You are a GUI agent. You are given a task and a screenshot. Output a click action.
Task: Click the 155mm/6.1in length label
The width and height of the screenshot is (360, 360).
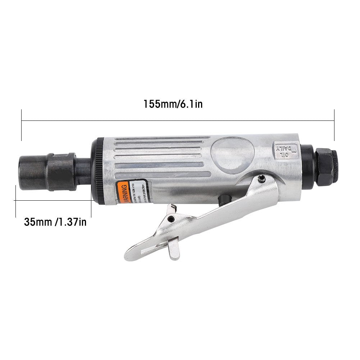[x=173, y=104]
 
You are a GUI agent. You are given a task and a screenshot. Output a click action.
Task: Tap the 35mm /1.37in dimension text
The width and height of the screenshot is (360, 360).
[x=55, y=222]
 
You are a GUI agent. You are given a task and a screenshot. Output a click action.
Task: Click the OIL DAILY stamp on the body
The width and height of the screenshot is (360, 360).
[x=284, y=150]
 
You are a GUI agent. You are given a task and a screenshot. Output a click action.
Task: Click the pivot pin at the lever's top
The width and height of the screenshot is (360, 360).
[x=262, y=178]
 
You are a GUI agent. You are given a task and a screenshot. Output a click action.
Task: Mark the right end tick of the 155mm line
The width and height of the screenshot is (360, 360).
[x=334, y=125]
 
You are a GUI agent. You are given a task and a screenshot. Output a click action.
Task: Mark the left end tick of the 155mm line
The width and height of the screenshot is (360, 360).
[x=22, y=125]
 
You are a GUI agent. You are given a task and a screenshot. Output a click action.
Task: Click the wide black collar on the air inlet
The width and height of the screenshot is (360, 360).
[x=62, y=172]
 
